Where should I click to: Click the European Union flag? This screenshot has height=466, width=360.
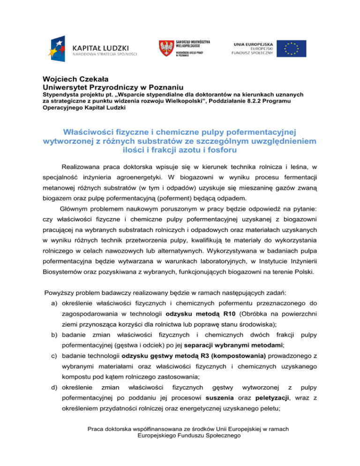(x=291, y=48)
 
